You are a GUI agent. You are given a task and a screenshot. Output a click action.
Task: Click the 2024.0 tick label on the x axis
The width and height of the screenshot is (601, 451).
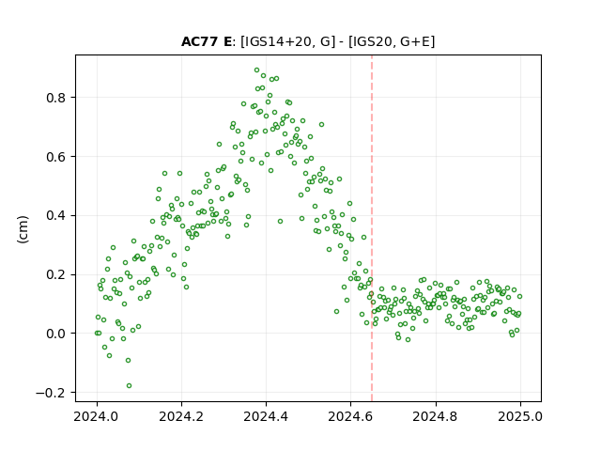coord(97,416)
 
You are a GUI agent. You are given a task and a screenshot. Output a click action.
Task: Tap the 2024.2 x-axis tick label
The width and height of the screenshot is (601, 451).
coord(181,416)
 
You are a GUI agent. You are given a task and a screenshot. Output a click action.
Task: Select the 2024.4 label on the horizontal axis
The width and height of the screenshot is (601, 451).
coord(266,416)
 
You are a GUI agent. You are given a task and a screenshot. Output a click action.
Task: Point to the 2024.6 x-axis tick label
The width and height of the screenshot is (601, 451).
coord(350,416)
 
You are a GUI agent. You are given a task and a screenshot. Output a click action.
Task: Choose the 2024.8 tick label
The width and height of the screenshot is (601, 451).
coord(435,416)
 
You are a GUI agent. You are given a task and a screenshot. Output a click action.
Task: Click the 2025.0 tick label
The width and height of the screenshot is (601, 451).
coord(520,416)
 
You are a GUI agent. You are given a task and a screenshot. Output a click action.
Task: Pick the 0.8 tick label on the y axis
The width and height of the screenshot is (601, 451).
coord(56,98)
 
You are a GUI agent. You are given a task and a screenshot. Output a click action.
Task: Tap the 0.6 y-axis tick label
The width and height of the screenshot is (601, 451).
coord(56,157)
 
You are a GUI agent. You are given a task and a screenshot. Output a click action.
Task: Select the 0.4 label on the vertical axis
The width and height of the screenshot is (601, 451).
coord(56,215)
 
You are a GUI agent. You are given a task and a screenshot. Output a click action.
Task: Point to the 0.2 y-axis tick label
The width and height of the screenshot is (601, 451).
coord(56,274)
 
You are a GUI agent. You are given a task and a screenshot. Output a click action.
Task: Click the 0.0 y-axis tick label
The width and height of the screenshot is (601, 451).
coord(56,334)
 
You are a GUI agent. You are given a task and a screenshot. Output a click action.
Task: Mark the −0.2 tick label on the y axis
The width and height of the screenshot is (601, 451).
coord(51,393)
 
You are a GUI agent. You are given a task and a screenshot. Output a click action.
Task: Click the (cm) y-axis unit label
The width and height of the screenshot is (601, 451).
coord(23,229)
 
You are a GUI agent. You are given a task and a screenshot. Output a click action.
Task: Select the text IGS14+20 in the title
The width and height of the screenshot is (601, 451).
coord(276,41)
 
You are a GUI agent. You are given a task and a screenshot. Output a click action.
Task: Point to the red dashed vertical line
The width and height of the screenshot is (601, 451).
coord(372,228)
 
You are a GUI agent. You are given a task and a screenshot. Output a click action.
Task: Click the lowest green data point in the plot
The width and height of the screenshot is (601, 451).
coord(130,385)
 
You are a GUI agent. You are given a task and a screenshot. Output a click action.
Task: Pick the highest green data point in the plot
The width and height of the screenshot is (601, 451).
coord(256,70)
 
